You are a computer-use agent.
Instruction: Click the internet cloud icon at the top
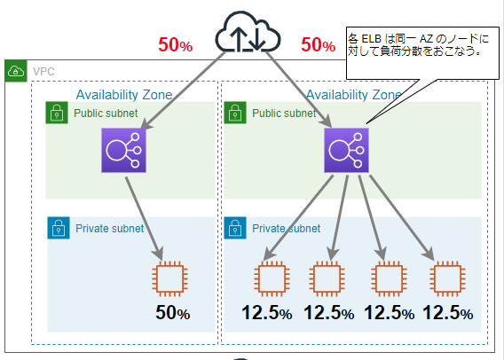pos(248,34)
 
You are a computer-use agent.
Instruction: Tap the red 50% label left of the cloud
pos(175,45)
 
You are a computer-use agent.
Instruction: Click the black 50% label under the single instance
pos(173,313)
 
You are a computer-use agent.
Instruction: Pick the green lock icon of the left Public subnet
pos(57,113)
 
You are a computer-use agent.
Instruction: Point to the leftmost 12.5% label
pos(267,313)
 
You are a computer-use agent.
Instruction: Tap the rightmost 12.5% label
pos(447,313)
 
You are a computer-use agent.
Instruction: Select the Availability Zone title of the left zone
pos(124,94)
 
